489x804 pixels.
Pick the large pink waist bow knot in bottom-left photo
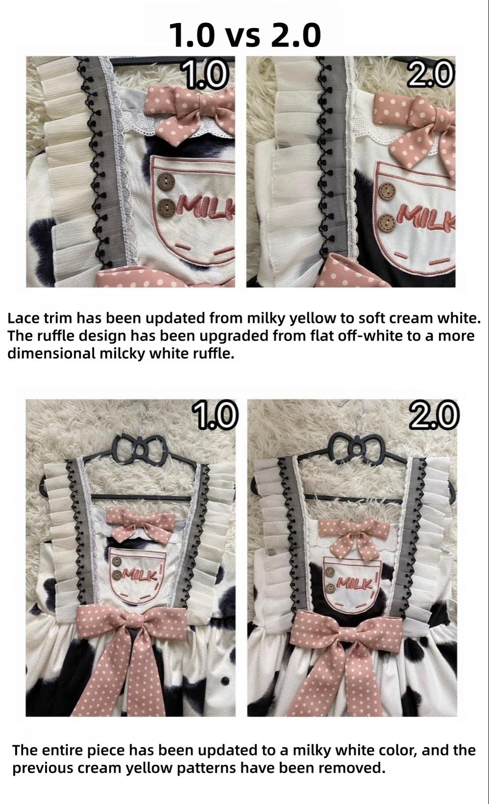131,624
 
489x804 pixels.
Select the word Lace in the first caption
22,318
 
